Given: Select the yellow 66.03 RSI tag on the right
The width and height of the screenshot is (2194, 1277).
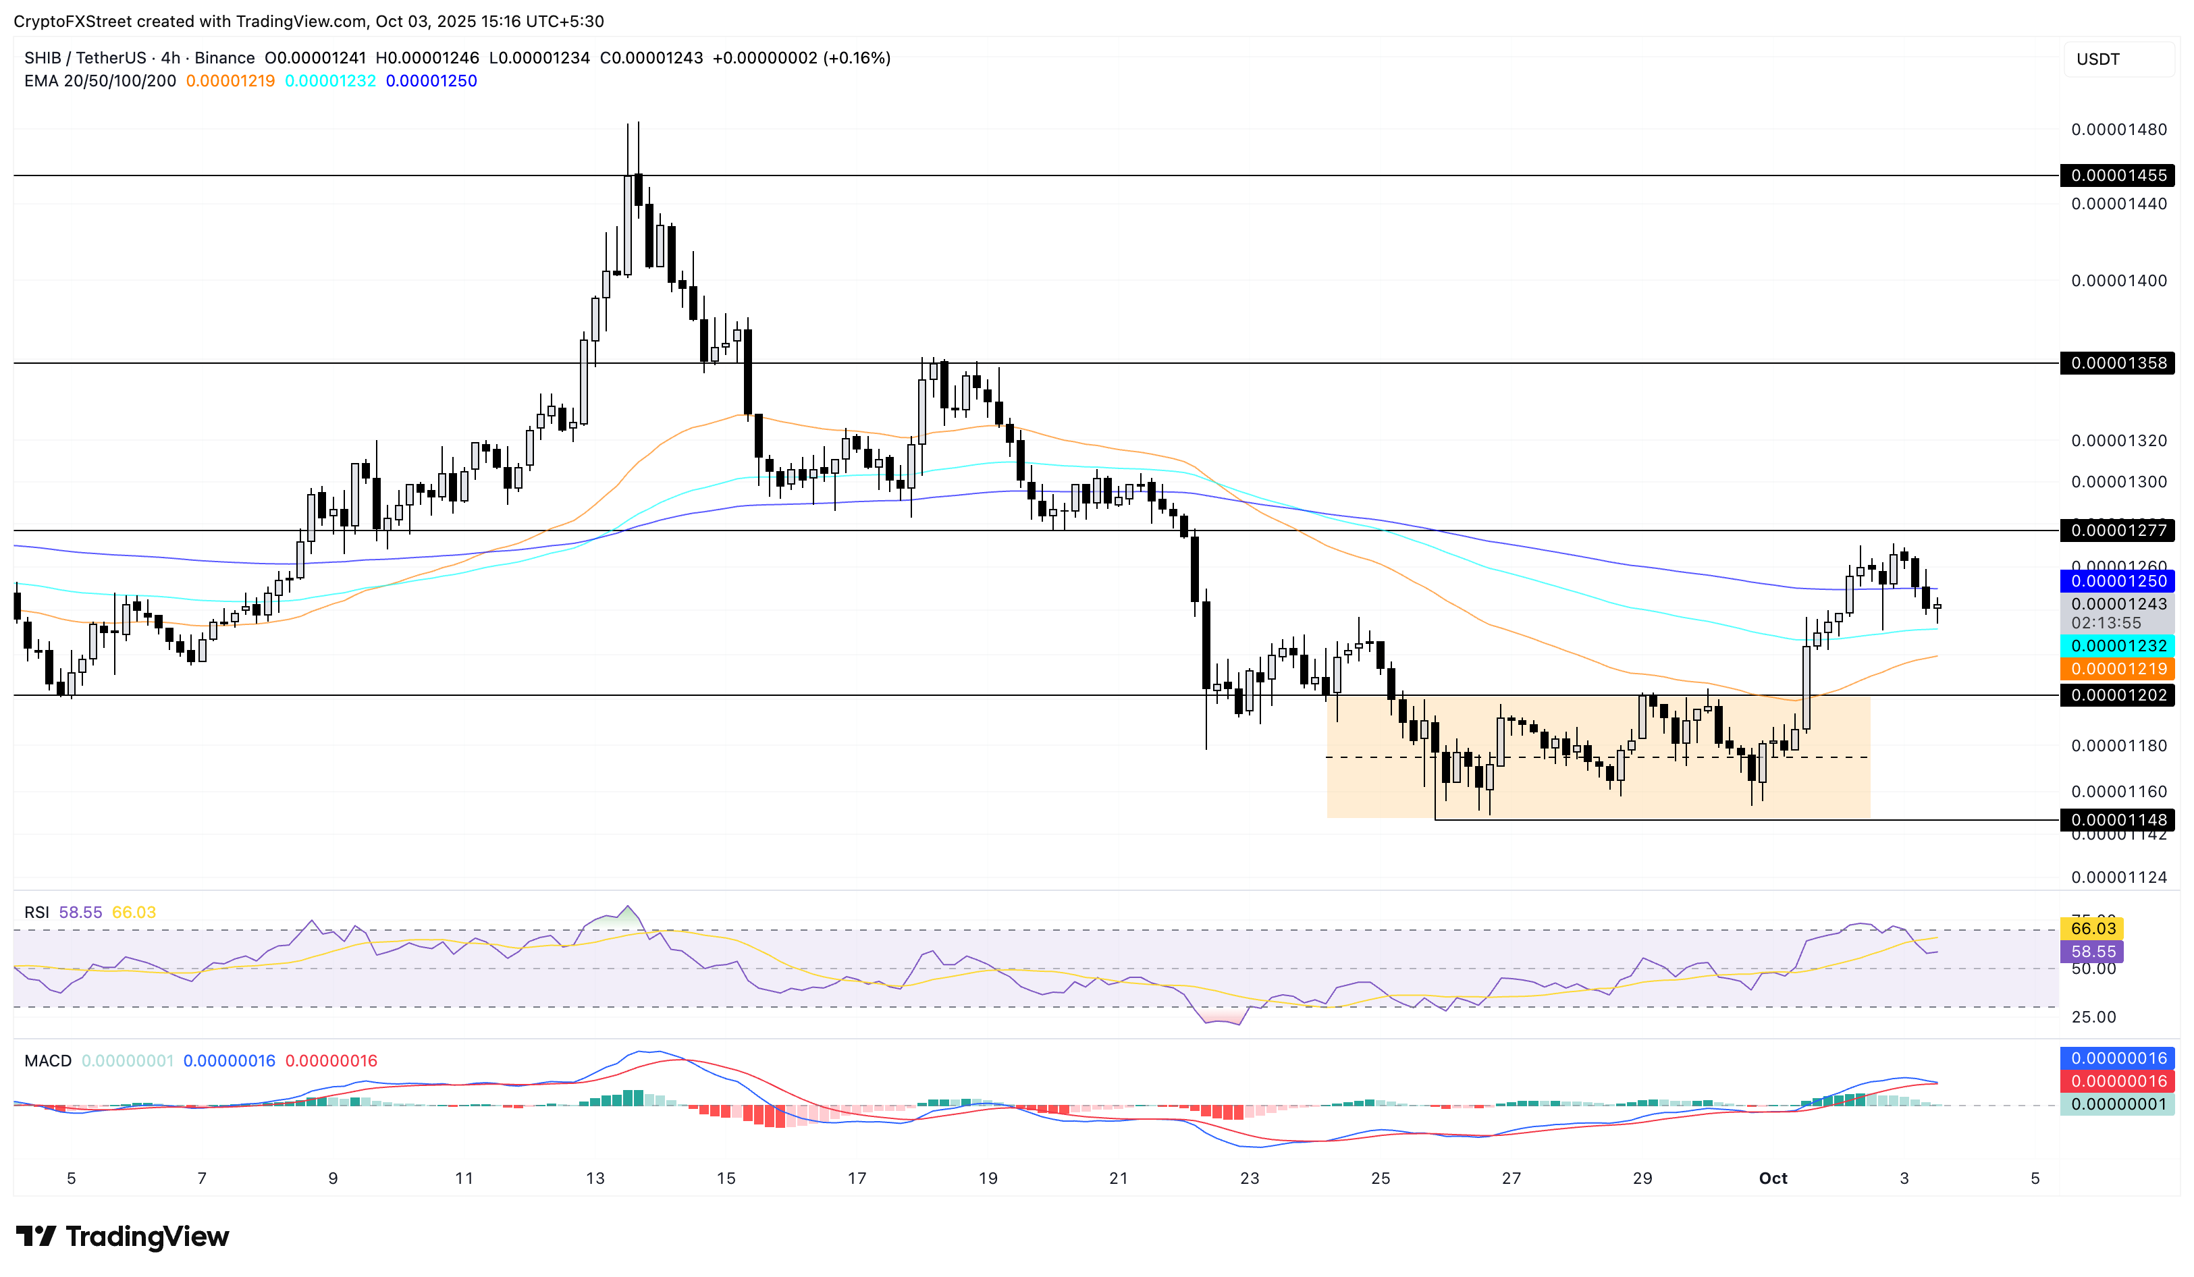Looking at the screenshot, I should click(2092, 929).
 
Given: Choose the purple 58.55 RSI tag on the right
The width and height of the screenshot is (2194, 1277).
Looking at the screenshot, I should click(2092, 952).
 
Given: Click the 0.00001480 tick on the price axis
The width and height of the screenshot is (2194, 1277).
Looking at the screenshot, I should click(2118, 130).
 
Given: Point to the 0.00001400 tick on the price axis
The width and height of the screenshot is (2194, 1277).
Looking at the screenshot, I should click(2118, 280).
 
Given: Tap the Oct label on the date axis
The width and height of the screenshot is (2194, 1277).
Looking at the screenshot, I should click(1773, 1178).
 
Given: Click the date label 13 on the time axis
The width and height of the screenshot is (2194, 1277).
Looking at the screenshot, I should click(595, 1178).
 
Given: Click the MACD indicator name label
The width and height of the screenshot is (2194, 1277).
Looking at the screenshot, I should click(48, 1061).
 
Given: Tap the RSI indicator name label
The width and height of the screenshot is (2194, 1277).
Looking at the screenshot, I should click(36, 913).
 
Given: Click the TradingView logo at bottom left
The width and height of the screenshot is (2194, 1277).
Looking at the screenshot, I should click(122, 1237).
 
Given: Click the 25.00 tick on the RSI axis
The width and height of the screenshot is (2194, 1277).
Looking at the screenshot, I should click(2093, 1016).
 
